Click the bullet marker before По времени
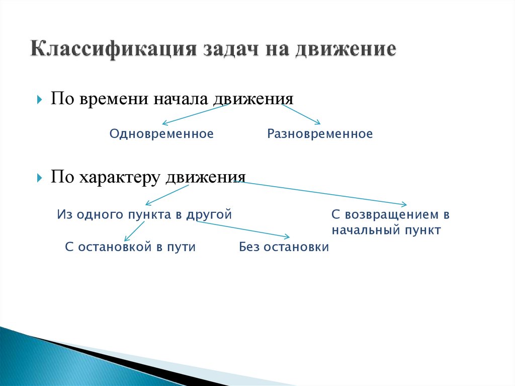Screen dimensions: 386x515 pos(40,99)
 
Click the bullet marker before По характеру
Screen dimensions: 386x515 pos(40,178)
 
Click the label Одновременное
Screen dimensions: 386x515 pos(161,134)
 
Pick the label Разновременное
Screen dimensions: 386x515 pos(320,134)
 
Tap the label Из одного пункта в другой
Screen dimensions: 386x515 pos(144,214)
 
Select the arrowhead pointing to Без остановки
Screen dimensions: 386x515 pos(287,237)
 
